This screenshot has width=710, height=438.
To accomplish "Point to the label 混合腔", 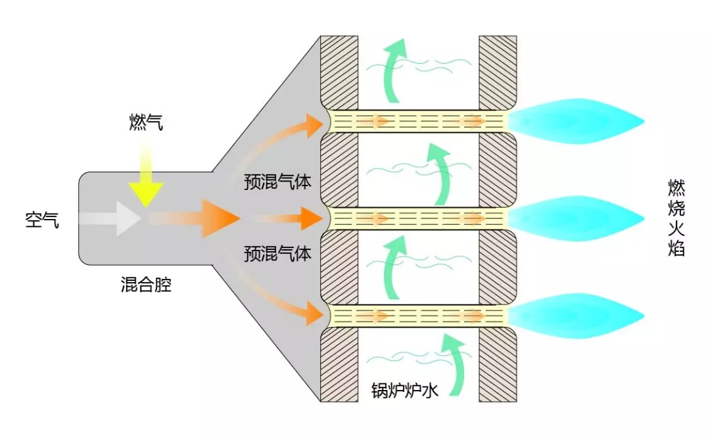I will (x=146, y=284).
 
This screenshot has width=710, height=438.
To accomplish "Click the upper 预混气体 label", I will (x=277, y=182).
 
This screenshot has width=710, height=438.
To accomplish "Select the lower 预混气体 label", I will (x=277, y=253).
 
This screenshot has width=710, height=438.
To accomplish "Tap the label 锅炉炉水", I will (x=404, y=389).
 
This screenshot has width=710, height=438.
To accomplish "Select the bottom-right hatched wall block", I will (x=498, y=364).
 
